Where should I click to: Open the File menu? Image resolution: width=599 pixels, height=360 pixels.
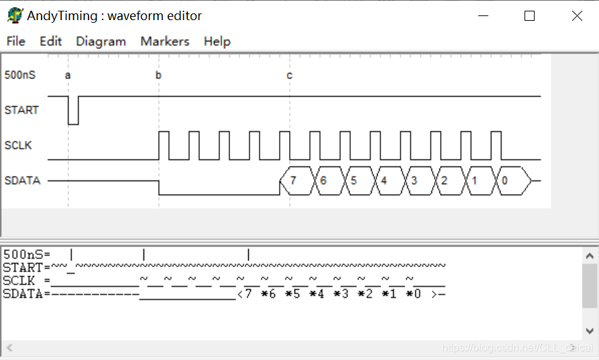pos(15,42)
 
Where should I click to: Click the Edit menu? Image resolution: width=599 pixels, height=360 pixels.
pos(50,42)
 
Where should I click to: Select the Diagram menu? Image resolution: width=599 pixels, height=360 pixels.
pos(101,42)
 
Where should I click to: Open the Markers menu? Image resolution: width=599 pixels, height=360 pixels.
pos(165,42)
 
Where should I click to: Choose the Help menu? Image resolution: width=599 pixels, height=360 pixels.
pos(217,42)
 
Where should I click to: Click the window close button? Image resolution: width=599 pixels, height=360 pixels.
pos(577,16)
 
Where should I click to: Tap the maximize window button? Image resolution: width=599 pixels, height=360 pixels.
pos(529,16)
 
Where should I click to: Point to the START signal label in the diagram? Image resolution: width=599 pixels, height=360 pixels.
pos(21,110)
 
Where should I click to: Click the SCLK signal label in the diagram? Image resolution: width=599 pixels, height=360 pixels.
pos(18,145)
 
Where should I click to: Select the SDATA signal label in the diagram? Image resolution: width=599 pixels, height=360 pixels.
pos(22,180)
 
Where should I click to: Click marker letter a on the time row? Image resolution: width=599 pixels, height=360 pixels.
pos(68,75)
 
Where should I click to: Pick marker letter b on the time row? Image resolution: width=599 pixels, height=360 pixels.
pos(158,75)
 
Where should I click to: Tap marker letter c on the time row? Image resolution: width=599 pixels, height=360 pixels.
pos(289,75)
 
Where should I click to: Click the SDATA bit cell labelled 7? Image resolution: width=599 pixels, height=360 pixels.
pos(293,181)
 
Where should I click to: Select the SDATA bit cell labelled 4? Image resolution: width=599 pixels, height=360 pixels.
pos(384,181)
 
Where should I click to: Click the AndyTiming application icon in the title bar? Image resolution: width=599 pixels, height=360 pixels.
pos(15,15)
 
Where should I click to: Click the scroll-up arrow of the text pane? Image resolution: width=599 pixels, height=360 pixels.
pos(590,255)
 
